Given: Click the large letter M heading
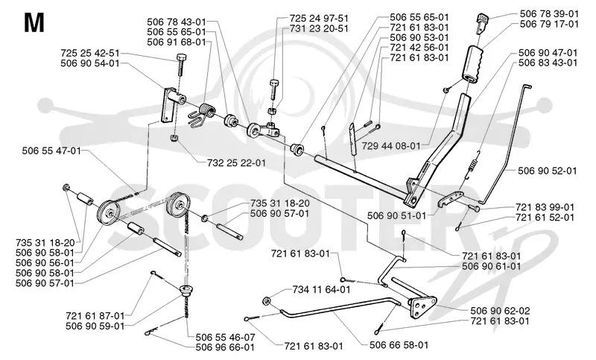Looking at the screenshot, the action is (x=34, y=23).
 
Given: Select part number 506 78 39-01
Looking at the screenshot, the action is (x=549, y=14).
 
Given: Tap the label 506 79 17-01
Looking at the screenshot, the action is (x=549, y=25).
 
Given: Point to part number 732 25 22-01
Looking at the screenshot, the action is (x=236, y=162).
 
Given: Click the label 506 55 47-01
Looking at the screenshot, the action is (x=51, y=151).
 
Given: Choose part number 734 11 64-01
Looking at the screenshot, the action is (x=321, y=290).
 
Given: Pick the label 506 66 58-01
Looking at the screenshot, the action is (x=399, y=345).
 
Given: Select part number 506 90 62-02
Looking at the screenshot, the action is (x=500, y=311).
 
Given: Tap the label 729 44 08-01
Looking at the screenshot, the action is (x=391, y=145).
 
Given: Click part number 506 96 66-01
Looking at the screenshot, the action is (x=225, y=347).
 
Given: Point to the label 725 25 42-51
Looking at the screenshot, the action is (x=90, y=53).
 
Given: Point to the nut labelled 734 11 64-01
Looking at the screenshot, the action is (x=267, y=300).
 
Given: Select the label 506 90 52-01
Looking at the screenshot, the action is (x=548, y=171).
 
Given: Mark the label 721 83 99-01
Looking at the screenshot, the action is (x=545, y=207).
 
